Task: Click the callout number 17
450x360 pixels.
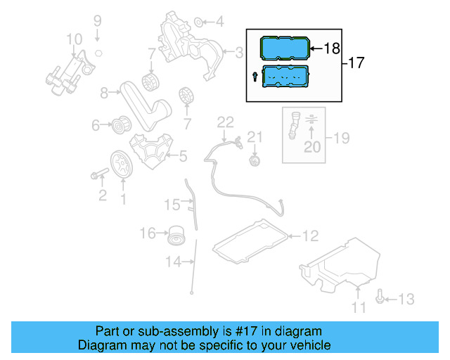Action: [x=356, y=63]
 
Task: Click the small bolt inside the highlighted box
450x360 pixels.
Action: [x=254, y=76]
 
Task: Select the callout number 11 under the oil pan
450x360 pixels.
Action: [x=359, y=307]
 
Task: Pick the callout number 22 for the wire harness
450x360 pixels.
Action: [x=224, y=122]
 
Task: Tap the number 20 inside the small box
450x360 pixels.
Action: [x=311, y=147]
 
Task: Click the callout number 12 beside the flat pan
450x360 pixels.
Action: [x=310, y=236]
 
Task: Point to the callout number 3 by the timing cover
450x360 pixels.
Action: [x=239, y=51]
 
